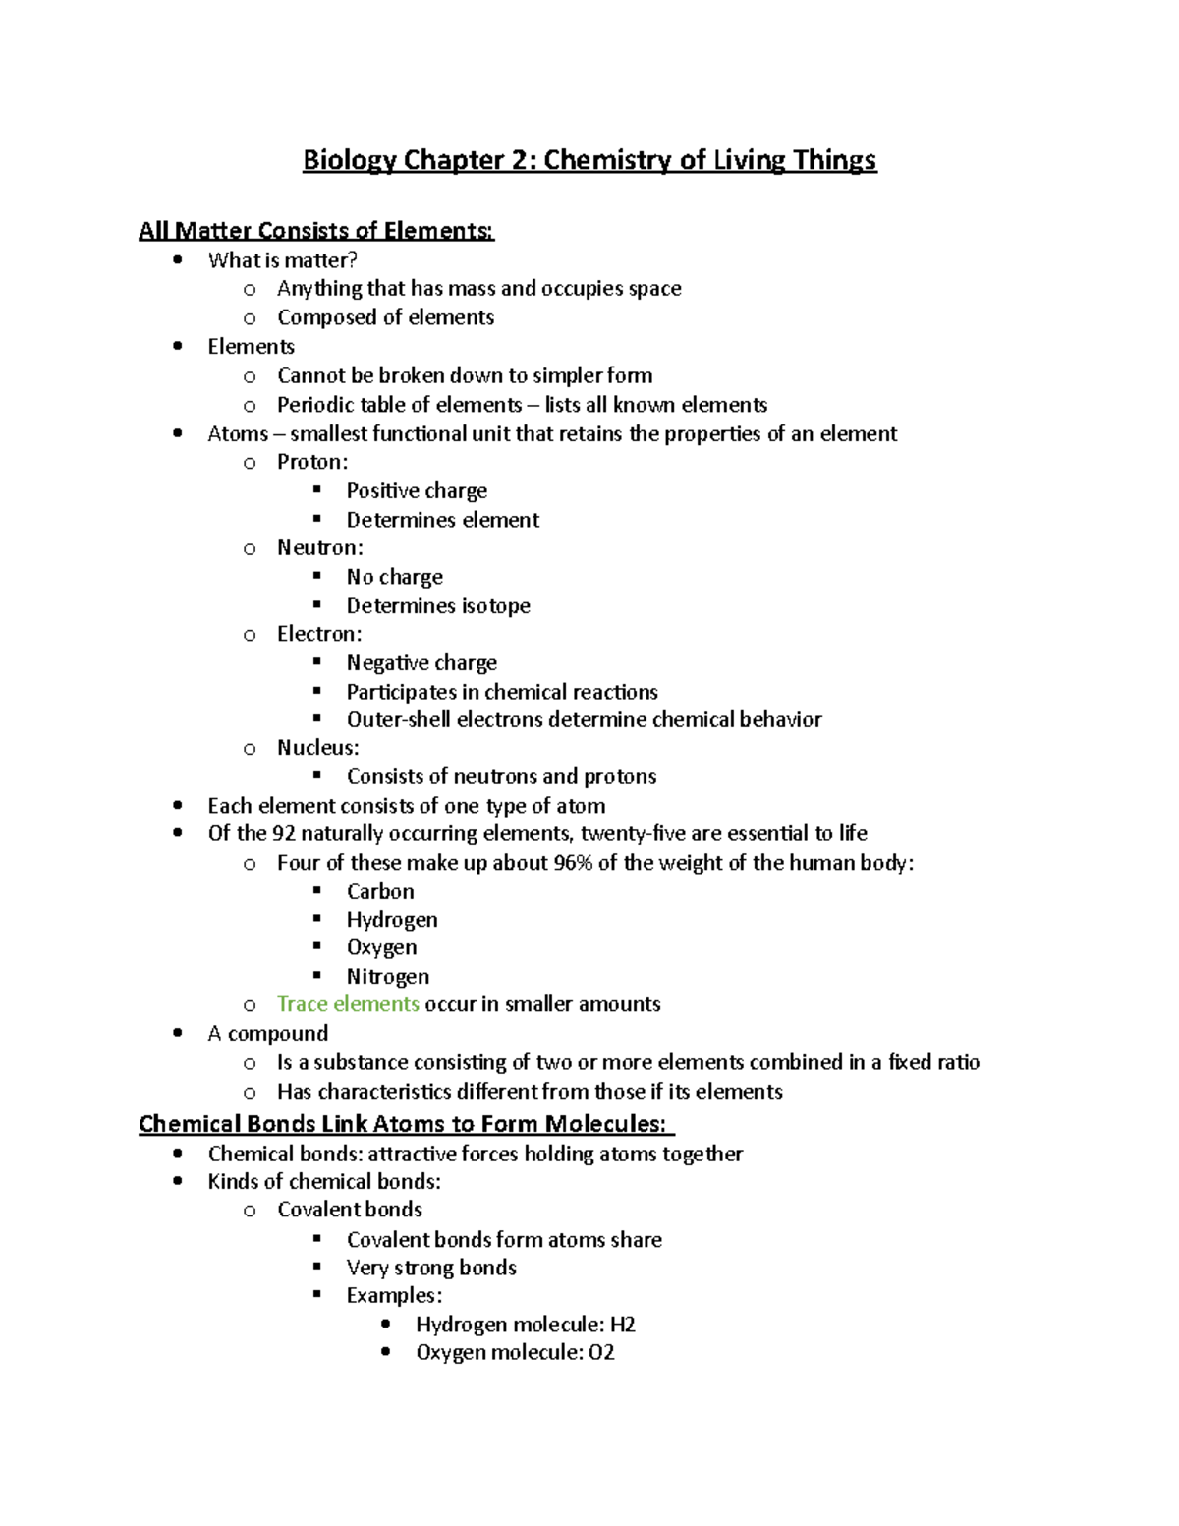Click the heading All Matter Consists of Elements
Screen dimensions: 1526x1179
(315, 231)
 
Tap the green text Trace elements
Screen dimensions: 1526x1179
(348, 1004)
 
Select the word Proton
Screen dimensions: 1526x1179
(311, 462)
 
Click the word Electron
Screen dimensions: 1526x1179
(318, 634)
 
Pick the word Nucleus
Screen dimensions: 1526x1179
(317, 748)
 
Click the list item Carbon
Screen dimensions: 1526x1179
(380, 891)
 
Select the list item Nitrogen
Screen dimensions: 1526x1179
(387, 976)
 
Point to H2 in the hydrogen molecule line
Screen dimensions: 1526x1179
(623, 1325)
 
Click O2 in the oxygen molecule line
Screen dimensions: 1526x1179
(601, 1353)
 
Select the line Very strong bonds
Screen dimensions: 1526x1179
(431, 1268)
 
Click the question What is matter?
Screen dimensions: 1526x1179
(282, 260)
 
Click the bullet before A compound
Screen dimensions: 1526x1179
(178, 1033)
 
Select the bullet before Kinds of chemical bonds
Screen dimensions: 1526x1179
(178, 1182)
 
